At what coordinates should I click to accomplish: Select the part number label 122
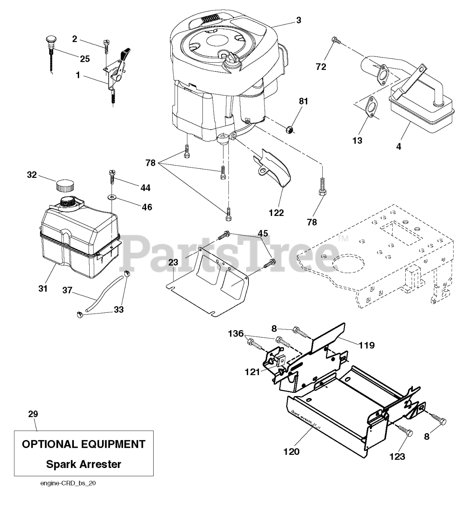pos(276,213)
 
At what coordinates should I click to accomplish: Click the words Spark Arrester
pos(84,464)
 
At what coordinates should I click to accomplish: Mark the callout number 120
pos(292,451)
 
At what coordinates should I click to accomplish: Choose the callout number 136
pos(236,335)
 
